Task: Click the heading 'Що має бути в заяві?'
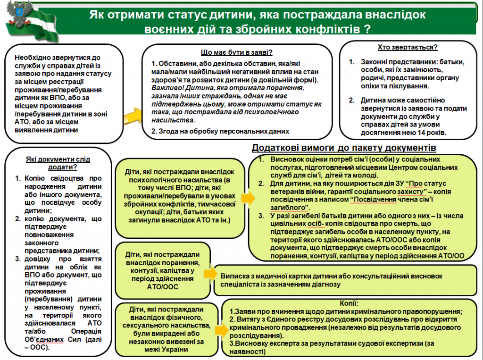pyautogui.click(x=237, y=52)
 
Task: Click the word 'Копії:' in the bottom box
pyautogui.click(x=348, y=303)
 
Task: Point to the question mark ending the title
pyautogui.click(x=366, y=29)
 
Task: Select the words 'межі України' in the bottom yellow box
pyautogui.click(x=167, y=350)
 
